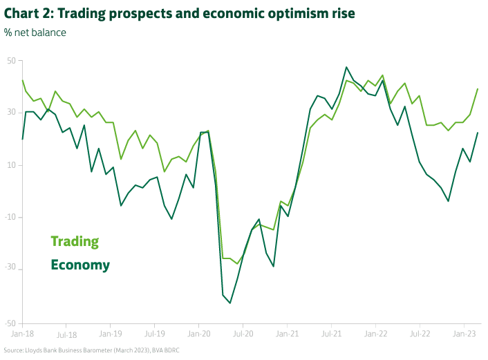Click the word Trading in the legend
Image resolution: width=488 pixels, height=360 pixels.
pos(75,242)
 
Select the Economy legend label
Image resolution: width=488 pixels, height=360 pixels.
pos(80,265)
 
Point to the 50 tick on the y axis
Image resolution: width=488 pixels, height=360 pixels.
pos(11,61)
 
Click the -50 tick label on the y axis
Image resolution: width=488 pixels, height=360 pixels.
pos(10,323)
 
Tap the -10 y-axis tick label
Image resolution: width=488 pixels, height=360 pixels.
pos(10,217)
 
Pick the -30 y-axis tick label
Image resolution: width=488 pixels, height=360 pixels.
pos(10,269)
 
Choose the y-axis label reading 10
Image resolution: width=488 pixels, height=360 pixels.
pos(11,165)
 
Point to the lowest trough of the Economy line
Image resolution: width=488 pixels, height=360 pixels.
pos(230,303)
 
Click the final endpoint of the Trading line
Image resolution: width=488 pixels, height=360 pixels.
pos(478,88)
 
